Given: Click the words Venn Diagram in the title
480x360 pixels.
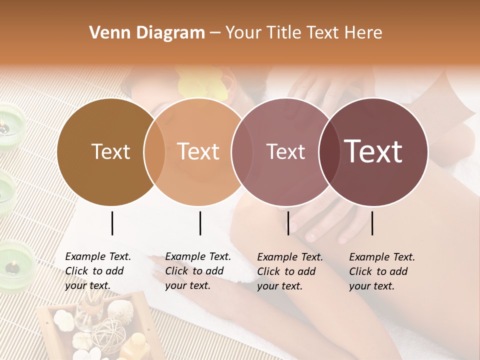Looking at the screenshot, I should click(x=147, y=33).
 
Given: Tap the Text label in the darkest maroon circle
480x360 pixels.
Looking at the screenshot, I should click(x=373, y=151).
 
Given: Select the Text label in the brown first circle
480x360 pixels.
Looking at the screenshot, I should click(x=110, y=151).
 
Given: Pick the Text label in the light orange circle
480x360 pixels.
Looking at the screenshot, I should click(x=198, y=151).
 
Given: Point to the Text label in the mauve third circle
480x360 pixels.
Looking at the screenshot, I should click(x=285, y=151).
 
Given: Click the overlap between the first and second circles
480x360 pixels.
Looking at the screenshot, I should click(x=154, y=151).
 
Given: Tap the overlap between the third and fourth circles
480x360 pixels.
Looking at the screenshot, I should click(x=328, y=151).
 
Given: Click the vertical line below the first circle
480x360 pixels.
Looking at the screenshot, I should click(x=112, y=223).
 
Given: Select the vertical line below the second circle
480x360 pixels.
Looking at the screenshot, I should click(x=200, y=223).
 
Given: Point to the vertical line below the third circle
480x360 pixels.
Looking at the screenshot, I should click(x=288, y=223).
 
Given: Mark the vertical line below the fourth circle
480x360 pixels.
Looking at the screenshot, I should click(x=372, y=223).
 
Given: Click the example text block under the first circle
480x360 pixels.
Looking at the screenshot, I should click(x=98, y=271).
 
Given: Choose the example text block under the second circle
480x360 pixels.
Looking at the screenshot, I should click(x=198, y=271).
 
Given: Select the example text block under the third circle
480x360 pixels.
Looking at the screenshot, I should click(x=290, y=271).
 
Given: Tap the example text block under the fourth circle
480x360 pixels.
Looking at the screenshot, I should click(x=382, y=271).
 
